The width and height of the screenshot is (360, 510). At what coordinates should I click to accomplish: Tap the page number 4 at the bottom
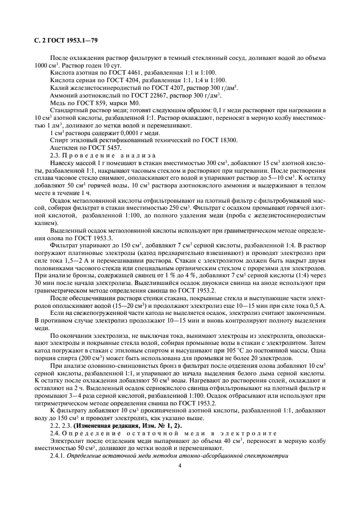tap(180, 465)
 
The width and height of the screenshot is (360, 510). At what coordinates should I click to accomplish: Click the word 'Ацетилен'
tap(63, 148)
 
